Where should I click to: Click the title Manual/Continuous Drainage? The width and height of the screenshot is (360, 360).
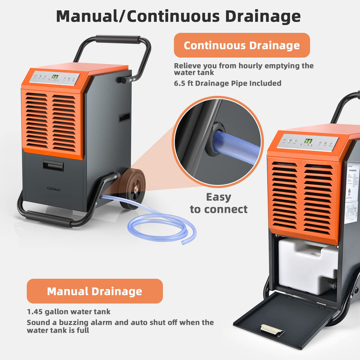[x=178, y=16]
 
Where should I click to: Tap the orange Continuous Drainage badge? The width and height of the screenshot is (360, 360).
[x=242, y=45]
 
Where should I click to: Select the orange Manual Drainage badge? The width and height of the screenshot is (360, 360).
[x=94, y=291]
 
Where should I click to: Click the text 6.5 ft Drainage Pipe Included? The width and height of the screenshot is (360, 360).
[x=228, y=83]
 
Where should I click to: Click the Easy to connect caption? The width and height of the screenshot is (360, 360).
[x=219, y=203]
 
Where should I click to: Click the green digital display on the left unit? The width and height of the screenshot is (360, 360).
[x=55, y=76]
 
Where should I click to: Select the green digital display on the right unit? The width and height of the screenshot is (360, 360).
[x=308, y=141]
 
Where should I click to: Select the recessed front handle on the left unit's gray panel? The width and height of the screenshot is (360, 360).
[x=53, y=165]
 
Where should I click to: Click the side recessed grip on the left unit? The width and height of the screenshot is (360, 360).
[x=124, y=117]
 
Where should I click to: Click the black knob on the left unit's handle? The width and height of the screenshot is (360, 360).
[x=122, y=80]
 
